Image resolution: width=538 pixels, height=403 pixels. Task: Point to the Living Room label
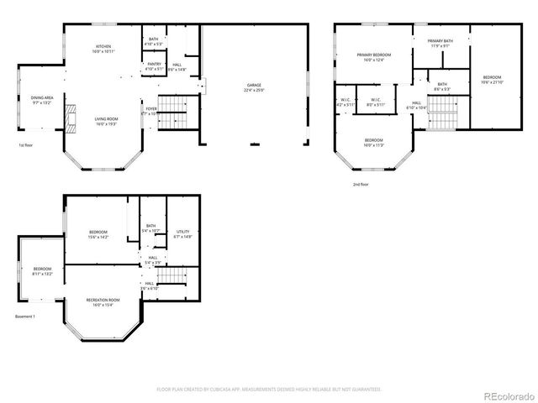click(106, 121)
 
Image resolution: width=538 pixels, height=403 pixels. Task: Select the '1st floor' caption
click(26, 145)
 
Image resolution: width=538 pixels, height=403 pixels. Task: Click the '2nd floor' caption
click(361, 184)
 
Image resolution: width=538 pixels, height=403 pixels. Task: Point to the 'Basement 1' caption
click(25, 317)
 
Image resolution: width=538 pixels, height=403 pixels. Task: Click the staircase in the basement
click(171, 275)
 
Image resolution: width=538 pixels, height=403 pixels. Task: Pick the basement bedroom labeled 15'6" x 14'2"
click(98, 234)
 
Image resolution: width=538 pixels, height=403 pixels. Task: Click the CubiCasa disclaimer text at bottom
click(268, 390)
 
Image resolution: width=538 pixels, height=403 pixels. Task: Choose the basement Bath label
click(151, 228)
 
